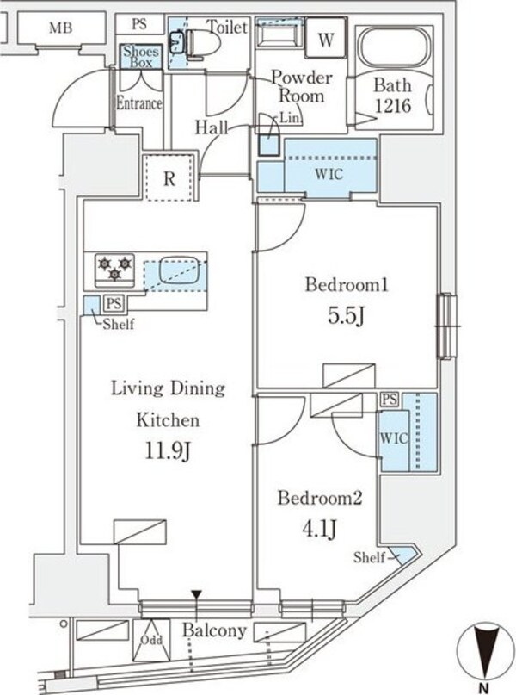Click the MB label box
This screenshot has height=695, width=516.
(x=59, y=28)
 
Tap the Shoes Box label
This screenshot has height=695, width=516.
(x=138, y=57)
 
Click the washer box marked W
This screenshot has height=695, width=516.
(x=327, y=40)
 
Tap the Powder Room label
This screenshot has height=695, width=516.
(x=298, y=86)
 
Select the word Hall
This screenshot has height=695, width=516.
(x=211, y=127)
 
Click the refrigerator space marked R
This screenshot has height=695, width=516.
(x=170, y=179)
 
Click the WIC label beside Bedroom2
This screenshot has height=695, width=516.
(x=390, y=437)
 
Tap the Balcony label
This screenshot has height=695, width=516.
(x=214, y=630)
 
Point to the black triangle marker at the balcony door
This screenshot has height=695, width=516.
(x=197, y=594)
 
